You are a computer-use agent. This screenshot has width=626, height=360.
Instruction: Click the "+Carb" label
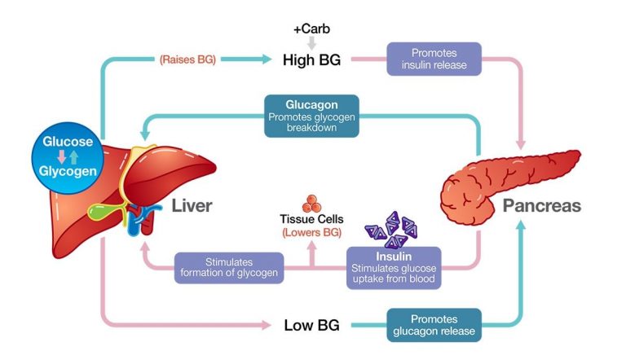point(312,29)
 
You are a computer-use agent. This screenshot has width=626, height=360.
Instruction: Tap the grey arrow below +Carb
point(312,42)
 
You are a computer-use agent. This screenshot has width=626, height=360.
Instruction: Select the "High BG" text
point(312,60)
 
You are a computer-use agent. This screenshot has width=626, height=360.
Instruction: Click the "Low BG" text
point(312,325)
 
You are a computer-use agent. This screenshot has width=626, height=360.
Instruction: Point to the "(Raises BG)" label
point(187,59)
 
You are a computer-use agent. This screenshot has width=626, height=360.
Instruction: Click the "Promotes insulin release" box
point(434,59)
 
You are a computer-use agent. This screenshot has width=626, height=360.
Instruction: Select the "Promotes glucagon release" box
point(434,325)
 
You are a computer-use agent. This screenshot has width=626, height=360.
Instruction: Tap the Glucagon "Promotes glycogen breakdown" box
point(311,116)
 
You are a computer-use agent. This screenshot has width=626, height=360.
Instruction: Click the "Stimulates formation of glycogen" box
point(229,267)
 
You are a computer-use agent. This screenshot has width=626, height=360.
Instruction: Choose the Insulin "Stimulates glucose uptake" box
point(394,267)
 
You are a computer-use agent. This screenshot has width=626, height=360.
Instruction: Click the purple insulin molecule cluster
point(392,230)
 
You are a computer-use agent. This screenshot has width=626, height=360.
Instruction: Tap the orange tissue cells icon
point(312,204)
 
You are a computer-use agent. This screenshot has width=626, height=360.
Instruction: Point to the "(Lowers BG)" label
point(312,232)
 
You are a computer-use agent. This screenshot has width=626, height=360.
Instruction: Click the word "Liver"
point(192,205)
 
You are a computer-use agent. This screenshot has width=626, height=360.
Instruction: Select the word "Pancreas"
point(542,205)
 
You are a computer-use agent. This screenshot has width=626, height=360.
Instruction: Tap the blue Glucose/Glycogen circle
point(68,158)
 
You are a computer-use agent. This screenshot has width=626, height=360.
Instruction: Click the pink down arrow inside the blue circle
point(61,156)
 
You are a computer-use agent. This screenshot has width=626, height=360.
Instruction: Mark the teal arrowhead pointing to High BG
point(267,59)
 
